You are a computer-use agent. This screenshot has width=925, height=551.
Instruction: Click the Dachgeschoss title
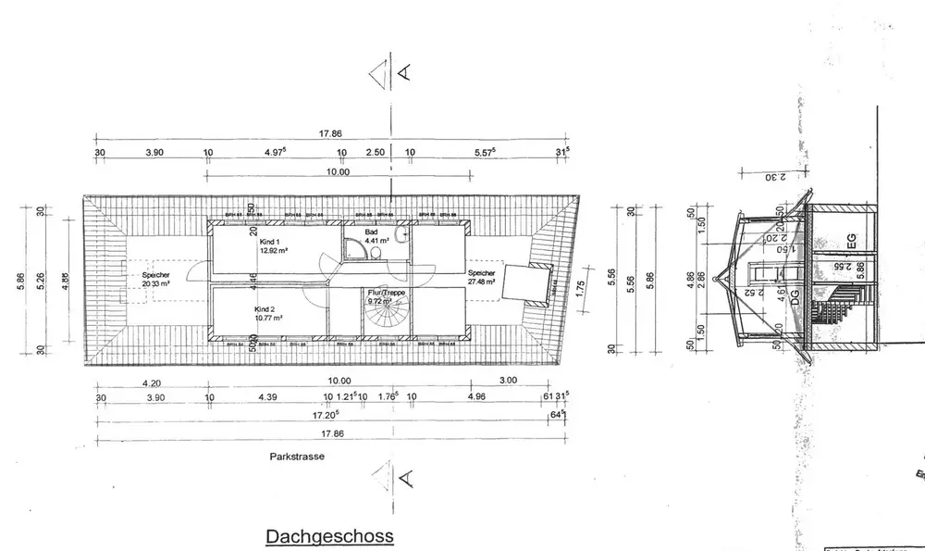[330, 536]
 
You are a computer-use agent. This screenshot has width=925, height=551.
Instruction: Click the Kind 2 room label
[268, 312]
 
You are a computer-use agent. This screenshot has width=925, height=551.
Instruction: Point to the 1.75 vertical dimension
[580, 287]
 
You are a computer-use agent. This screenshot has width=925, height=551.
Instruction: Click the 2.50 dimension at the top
[375, 153]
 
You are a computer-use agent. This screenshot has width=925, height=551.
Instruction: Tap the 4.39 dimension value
[267, 399]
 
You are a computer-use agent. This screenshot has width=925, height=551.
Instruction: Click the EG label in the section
[852, 243]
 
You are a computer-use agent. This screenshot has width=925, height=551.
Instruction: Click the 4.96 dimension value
[476, 399]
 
